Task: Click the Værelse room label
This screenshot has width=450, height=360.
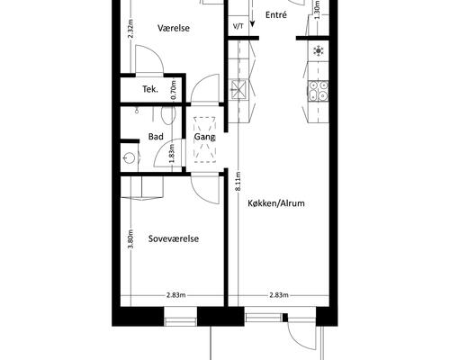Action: click(174, 28)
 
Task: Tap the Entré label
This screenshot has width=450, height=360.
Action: click(276, 15)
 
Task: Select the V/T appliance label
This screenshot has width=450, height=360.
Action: click(238, 26)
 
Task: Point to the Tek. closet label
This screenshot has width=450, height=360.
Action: click(150, 89)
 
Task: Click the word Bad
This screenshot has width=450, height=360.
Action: click(156, 137)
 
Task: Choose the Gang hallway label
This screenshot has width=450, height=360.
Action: click(204, 137)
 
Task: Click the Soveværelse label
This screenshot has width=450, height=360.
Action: click(174, 238)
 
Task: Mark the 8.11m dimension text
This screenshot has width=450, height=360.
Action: click(238, 181)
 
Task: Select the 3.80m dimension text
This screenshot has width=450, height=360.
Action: click(130, 238)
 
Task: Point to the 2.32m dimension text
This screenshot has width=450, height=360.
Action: click(130, 29)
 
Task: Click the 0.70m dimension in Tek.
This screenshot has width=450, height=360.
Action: click(174, 90)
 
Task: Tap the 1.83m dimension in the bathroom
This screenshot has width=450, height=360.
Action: click(172, 154)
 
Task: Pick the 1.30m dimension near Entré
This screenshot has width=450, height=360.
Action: click(318, 10)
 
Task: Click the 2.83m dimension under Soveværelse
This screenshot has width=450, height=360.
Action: click(176, 295)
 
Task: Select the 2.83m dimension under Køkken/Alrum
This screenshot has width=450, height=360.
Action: click(279, 295)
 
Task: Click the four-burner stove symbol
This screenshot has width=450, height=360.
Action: click(318, 91)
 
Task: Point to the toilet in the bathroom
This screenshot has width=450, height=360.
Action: click(168, 115)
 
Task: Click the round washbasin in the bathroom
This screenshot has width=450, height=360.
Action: click(130, 157)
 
